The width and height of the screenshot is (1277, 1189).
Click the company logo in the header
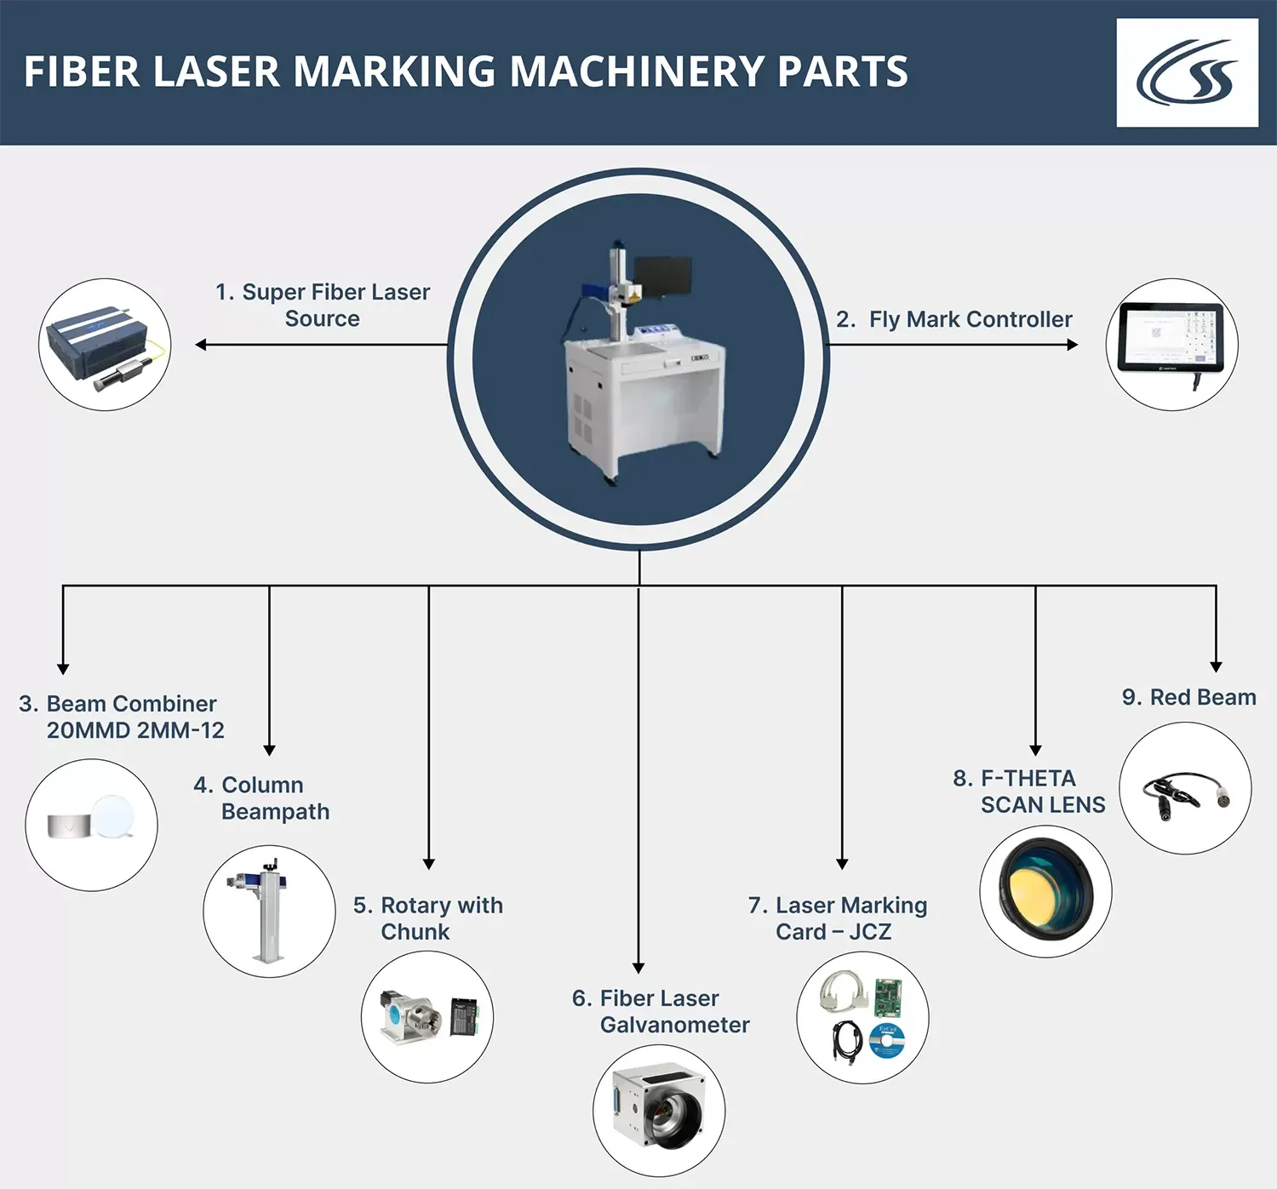click(x=1187, y=73)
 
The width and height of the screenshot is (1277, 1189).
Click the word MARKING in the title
click(x=395, y=71)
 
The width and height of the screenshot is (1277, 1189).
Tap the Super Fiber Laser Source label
click(x=323, y=305)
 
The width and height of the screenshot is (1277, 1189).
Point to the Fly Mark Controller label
click(x=954, y=319)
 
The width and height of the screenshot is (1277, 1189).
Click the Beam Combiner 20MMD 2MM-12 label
click(x=122, y=717)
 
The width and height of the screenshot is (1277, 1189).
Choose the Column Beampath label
click(x=262, y=797)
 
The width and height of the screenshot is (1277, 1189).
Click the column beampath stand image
click(x=269, y=912)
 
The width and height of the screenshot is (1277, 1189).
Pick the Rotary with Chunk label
click(x=428, y=917)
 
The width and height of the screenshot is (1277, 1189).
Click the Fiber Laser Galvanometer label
click(x=661, y=1011)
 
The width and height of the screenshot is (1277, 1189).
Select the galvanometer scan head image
click(x=658, y=1111)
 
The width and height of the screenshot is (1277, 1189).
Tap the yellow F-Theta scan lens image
click(x=1045, y=890)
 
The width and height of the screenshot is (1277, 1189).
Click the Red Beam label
click(x=1188, y=697)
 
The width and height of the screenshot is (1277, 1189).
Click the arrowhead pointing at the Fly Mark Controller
click(x=1072, y=345)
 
